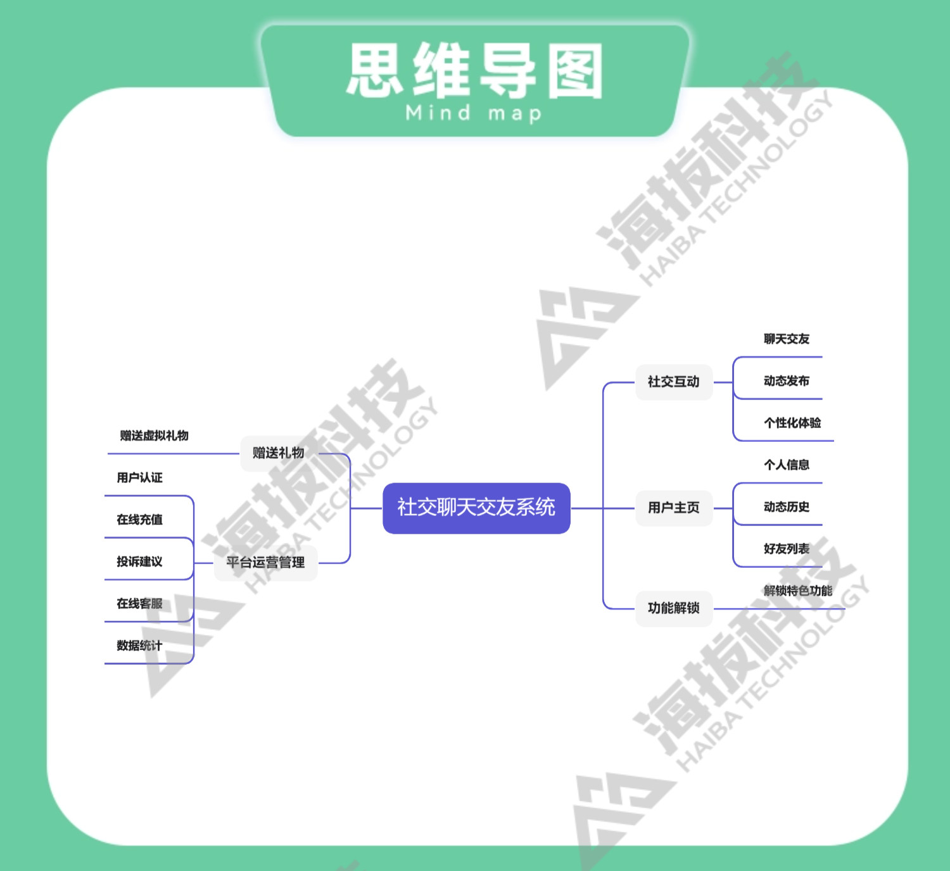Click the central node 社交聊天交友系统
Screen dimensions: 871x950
[476, 508]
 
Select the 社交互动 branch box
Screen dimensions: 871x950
[673, 382]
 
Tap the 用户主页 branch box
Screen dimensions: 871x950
[673, 508]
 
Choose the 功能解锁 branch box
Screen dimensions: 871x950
[673, 608]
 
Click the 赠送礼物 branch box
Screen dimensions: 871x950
[278, 453]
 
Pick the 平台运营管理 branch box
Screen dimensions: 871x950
[265, 562]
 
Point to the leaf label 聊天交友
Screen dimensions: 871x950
[786, 339]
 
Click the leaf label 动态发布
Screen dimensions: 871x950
[786, 381]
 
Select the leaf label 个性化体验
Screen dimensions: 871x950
[792, 423]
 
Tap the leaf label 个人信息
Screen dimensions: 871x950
[786, 465]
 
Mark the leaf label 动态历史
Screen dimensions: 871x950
[786, 507]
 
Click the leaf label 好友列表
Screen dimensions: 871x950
[786, 549]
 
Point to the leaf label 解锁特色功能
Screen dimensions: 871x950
[797, 591]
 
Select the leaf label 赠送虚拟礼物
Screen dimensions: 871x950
[154, 435]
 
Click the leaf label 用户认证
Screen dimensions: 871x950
[139, 478]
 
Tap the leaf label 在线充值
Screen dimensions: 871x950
[139, 520]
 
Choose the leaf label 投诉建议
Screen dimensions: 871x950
[139, 561]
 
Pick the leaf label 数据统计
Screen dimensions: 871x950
[139, 646]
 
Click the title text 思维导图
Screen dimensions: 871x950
[474, 71]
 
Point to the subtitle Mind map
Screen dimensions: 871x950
[474, 113]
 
